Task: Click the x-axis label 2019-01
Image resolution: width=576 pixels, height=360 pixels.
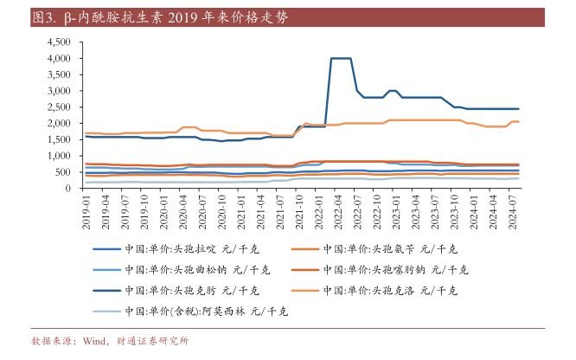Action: (x=86, y=213)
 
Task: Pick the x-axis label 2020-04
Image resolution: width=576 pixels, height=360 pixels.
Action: (x=182, y=213)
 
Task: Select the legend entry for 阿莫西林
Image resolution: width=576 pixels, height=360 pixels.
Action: (x=205, y=311)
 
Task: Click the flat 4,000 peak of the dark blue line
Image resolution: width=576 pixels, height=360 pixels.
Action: (x=340, y=58)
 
